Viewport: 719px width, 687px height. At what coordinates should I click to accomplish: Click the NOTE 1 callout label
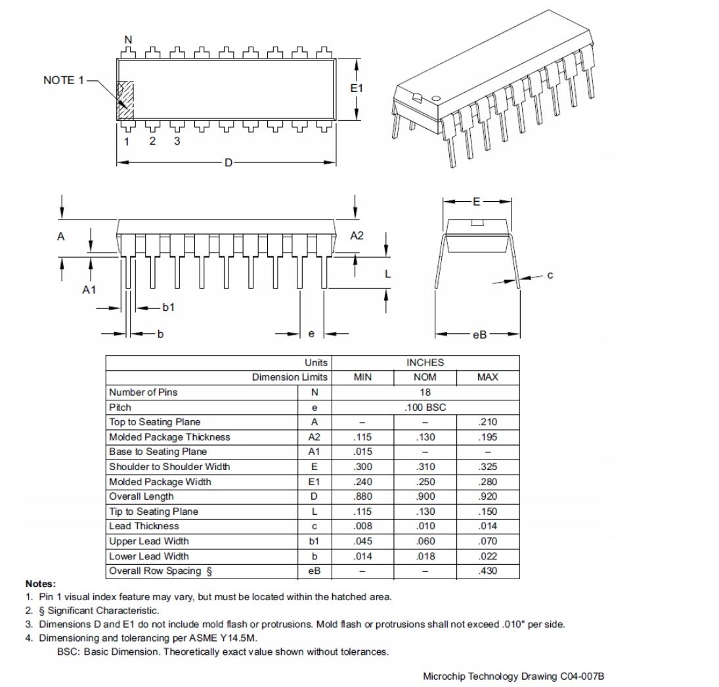coord(64,80)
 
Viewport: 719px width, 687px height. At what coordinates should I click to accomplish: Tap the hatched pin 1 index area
coord(125,101)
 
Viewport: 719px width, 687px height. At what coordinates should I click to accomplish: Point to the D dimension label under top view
coord(228,162)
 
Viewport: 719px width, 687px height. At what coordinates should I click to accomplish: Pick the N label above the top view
coord(128,40)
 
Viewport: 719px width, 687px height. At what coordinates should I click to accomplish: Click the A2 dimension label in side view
coord(356,235)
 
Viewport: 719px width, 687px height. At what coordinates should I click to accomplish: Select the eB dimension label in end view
coord(479,335)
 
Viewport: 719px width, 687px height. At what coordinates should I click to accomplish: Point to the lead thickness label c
coord(550,275)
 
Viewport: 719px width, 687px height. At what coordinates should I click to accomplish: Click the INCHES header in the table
coord(425,362)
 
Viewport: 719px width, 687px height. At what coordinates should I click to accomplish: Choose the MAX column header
coord(487,377)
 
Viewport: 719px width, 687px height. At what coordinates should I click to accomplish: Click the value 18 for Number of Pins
coord(425,392)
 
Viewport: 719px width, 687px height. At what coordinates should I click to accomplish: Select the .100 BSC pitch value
coord(425,407)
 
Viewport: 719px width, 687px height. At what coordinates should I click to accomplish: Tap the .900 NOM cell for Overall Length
coord(425,496)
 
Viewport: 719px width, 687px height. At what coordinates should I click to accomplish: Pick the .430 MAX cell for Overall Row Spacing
coord(488,571)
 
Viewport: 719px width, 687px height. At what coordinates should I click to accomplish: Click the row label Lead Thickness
coord(144,526)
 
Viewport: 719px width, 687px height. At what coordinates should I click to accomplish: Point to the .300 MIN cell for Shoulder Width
coord(362,467)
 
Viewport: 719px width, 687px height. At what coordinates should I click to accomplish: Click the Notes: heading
coord(41,584)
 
